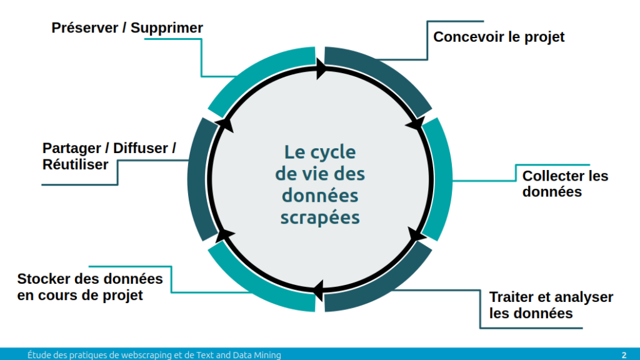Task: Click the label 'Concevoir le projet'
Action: pyautogui.click(x=499, y=37)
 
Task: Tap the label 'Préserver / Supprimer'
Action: pyautogui.click(x=127, y=28)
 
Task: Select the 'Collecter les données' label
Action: pyautogui.click(x=565, y=184)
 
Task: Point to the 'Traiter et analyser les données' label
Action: pyautogui.click(x=551, y=305)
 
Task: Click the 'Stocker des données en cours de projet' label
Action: pyautogui.click(x=90, y=287)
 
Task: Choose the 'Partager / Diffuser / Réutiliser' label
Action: pyautogui.click(x=109, y=156)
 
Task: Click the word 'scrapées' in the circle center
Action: pyautogui.click(x=320, y=217)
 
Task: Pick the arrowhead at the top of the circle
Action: pyautogui.click(x=323, y=68)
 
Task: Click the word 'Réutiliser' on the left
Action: pyautogui.click(x=76, y=165)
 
